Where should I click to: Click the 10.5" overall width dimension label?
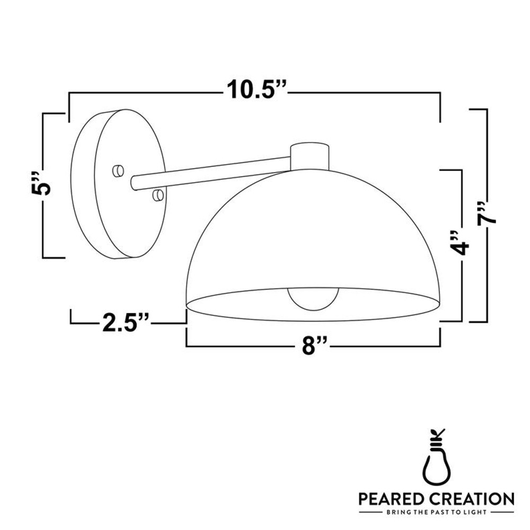(x=257, y=90)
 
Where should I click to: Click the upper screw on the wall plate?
(x=118, y=171)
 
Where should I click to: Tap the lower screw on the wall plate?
(x=157, y=196)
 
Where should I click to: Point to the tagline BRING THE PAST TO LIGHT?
(x=436, y=513)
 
